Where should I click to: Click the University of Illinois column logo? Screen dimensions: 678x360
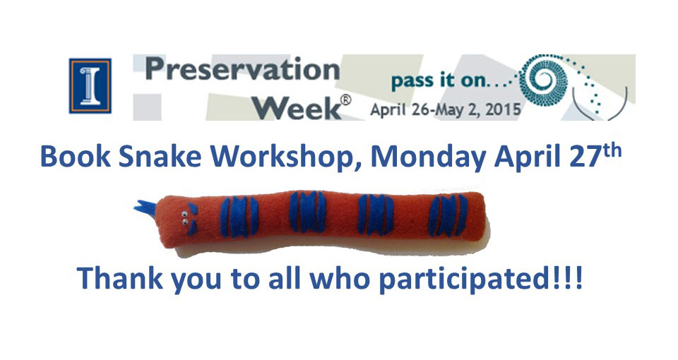click(x=90, y=86)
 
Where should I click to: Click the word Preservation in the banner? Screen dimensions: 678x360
click(x=242, y=70)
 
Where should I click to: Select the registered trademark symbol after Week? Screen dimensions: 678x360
click(x=346, y=100)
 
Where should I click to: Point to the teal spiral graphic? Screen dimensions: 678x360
click(x=542, y=80)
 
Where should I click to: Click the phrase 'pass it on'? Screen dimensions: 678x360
click(x=439, y=80)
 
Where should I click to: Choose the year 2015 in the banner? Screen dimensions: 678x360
click(x=503, y=110)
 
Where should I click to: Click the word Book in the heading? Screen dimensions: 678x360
click(x=76, y=157)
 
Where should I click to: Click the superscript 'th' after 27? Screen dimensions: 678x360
click(x=610, y=150)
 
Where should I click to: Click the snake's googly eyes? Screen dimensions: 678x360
click(x=184, y=218)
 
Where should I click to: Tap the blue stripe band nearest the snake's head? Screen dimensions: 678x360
click(x=239, y=217)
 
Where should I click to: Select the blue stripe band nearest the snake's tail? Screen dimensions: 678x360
click(x=448, y=215)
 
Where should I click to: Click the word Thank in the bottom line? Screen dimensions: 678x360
click(x=120, y=278)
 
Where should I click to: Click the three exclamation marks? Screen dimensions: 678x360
click(x=566, y=277)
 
